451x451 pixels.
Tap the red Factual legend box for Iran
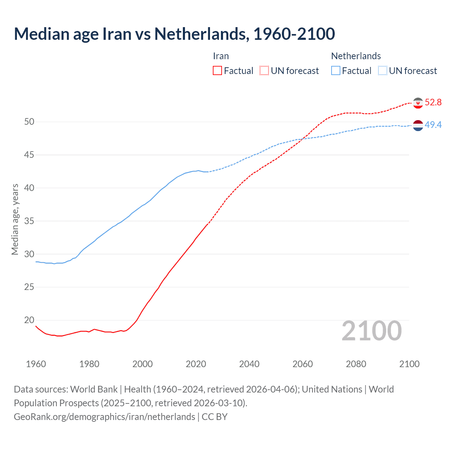[x=217, y=71]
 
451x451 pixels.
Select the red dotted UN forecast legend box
[x=264, y=71]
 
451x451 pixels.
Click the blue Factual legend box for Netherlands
[x=336, y=71]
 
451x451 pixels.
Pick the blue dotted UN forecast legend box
[x=383, y=71]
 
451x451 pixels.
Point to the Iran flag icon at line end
[x=418, y=103]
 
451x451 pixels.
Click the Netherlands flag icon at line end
[x=418, y=125]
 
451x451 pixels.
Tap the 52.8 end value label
[x=433, y=103]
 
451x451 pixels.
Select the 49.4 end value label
[x=433, y=125]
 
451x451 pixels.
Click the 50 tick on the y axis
[x=29, y=122]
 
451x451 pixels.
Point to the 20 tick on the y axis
[x=29, y=320]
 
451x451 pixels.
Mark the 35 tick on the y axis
[x=29, y=221]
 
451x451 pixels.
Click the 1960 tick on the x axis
[x=36, y=364]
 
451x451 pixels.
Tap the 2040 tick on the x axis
[x=249, y=364]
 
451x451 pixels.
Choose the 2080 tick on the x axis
[x=356, y=364]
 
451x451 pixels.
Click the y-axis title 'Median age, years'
[x=15, y=219]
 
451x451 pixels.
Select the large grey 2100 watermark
[x=371, y=330]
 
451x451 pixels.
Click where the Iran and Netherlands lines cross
[x=303, y=138]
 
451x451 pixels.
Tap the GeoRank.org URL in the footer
[x=104, y=417]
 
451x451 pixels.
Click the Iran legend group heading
[x=221, y=56]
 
